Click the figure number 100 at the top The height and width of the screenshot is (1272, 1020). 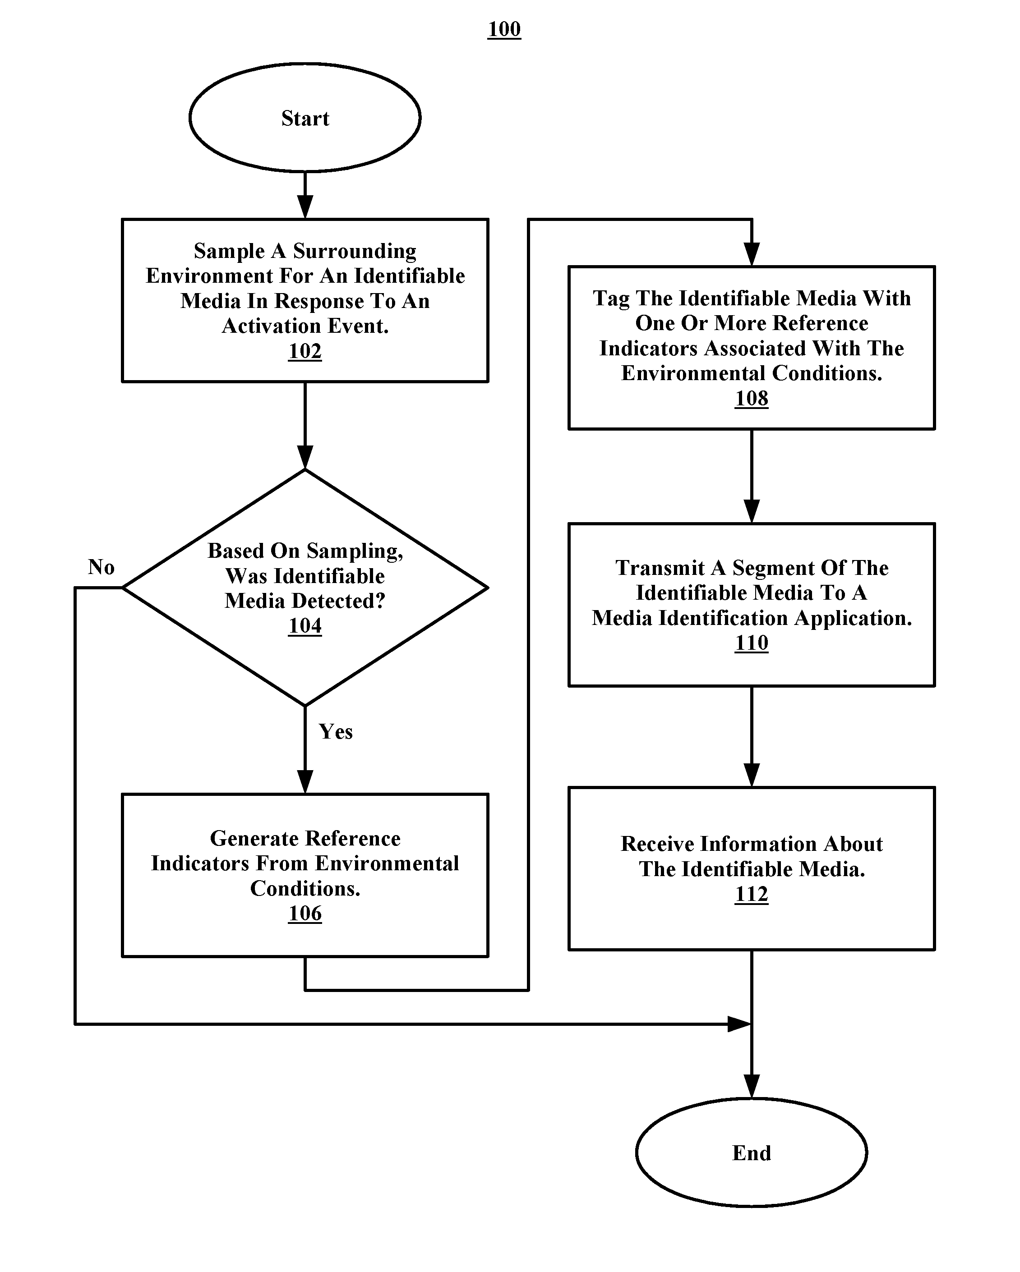tap(504, 29)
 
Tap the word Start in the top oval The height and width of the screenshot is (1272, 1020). tap(305, 118)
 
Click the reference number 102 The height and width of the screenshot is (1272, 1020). tap(305, 351)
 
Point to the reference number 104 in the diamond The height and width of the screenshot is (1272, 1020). tap(305, 625)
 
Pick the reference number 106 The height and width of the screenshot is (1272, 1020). tap(305, 913)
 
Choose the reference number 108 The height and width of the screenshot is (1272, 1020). tap(752, 398)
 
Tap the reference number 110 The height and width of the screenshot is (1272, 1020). tap(752, 643)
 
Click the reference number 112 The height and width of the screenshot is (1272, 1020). tap(752, 895)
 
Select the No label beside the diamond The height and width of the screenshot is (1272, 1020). tap(101, 567)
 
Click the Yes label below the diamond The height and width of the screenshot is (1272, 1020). tap(336, 731)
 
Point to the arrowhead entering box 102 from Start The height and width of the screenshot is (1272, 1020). tap(305, 207)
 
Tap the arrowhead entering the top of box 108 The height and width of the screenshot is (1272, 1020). tap(752, 255)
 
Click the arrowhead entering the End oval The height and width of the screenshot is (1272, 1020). tap(752, 1086)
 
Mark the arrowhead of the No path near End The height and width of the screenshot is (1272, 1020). tap(739, 1024)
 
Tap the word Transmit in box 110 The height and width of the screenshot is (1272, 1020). tap(660, 568)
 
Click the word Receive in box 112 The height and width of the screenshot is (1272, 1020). tap(656, 844)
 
